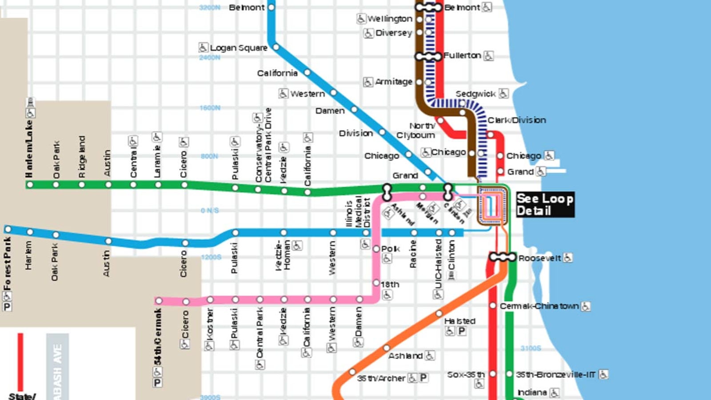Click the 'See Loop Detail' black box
(x=545, y=204)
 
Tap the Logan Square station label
(x=239, y=48)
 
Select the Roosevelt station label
(x=539, y=258)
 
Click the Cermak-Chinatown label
(x=539, y=306)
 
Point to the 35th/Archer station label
(x=381, y=378)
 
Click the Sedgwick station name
(x=475, y=94)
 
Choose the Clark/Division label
(x=517, y=120)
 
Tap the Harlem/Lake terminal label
(x=29, y=149)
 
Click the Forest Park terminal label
(x=8, y=264)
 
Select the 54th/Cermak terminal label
(x=158, y=337)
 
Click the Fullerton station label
(x=462, y=56)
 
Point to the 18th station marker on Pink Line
(x=376, y=283)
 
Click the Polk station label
(x=390, y=249)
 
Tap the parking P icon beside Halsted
(x=462, y=331)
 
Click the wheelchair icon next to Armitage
(x=368, y=82)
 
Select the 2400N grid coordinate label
(x=210, y=58)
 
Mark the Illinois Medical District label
(x=358, y=212)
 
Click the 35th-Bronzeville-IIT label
(x=555, y=375)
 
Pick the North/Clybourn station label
(x=416, y=131)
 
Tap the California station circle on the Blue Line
(x=307, y=72)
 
